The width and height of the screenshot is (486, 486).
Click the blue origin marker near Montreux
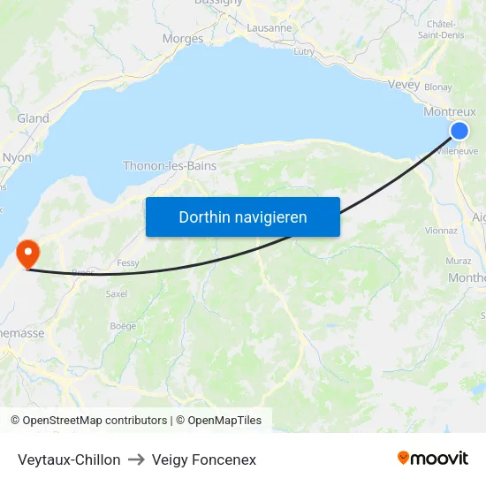coord(459,132)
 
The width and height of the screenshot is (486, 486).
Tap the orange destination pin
coord(28,253)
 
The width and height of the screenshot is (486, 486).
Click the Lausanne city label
coord(270,27)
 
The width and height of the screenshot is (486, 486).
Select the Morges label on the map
coord(183,39)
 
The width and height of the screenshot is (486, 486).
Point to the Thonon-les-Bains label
coord(170,165)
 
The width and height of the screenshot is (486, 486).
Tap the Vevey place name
coord(404,84)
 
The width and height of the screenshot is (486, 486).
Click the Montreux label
coord(450,112)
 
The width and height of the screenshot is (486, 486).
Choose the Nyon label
coord(17,157)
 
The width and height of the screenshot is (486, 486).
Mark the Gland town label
coord(33,118)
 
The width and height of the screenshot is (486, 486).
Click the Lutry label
coord(303,52)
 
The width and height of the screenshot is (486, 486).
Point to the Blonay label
coord(438,87)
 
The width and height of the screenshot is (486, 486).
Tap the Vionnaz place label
coord(441,231)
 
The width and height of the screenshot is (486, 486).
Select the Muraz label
coord(459,261)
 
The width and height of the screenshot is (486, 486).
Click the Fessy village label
coord(128,263)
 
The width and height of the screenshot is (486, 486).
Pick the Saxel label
coord(117,293)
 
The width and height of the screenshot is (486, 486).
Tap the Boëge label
coord(123,326)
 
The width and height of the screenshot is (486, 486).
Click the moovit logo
coord(433,459)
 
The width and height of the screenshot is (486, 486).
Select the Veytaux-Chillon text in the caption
coord(69,459)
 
